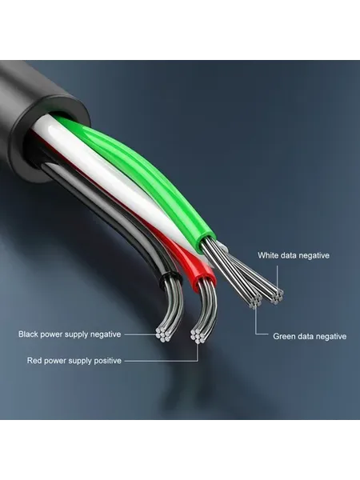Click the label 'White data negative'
point(294,255)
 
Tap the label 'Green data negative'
point(310,337)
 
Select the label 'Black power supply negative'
point(70,334)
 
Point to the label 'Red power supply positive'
point(74,361)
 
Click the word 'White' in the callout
point(267,255)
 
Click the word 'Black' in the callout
point(28,334)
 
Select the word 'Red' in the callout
point(34,360)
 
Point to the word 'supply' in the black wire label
point(76,334)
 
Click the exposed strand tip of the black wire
point(162,334)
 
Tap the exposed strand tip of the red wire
point(198,335)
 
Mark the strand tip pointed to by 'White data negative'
point(277,296)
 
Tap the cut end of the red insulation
point(202,277)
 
